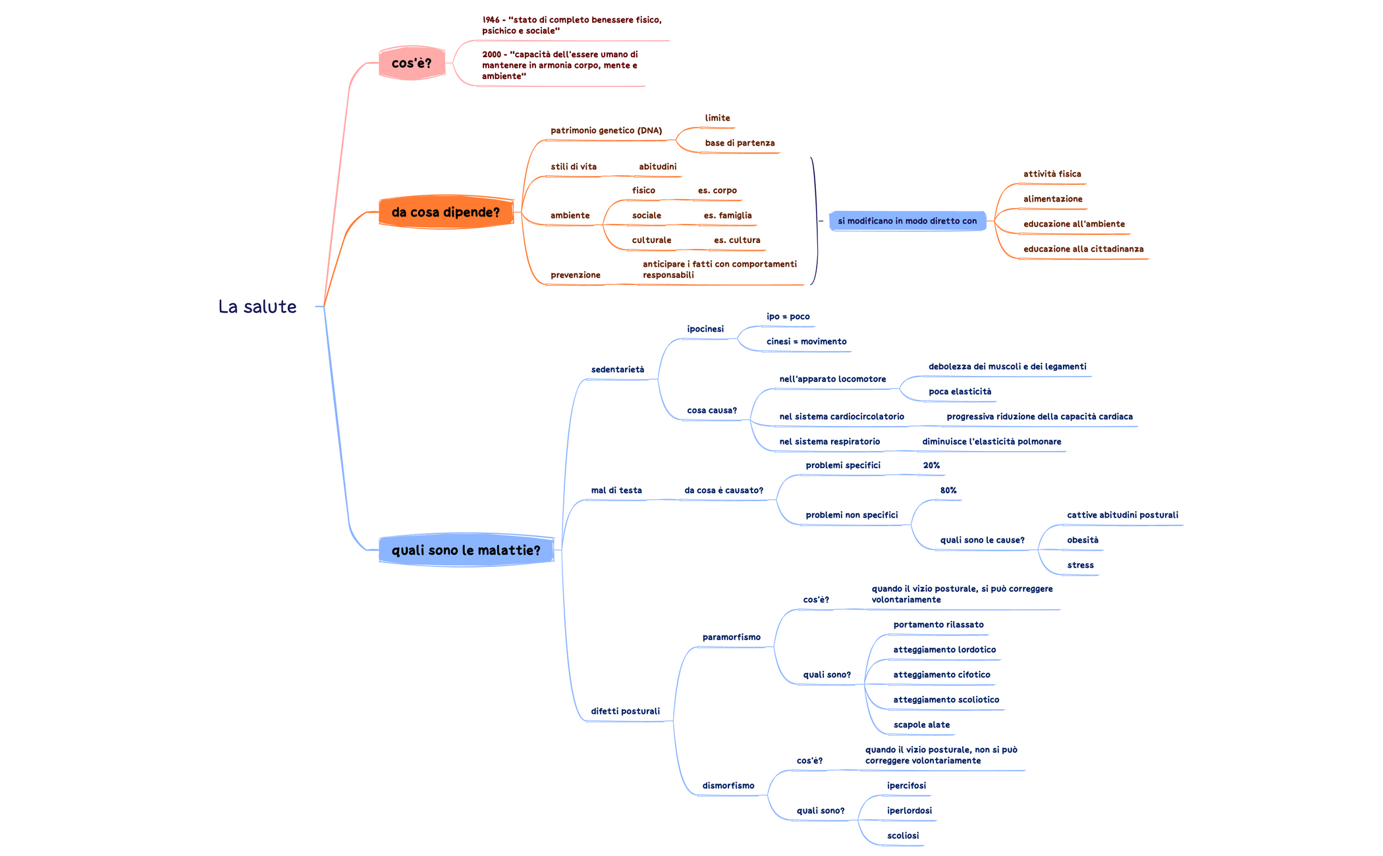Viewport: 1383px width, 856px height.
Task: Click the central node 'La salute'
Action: coord(258,307)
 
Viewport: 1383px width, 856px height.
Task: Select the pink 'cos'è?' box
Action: coord(412,63)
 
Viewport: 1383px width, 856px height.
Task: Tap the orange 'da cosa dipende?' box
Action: coord(446,212)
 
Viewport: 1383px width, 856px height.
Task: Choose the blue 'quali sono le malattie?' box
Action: coord(466,550)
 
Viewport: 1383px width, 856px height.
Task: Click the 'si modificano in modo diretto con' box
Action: coord(907,221)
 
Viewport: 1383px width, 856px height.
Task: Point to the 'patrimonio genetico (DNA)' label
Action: coord(606,130)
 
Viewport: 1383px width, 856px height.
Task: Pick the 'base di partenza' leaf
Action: coord(740,143)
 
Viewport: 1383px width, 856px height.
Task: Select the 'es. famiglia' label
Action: coord(727,215)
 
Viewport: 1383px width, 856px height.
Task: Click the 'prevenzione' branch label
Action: coord(575,275)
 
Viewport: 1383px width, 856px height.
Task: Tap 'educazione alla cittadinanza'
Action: coord(1083,249)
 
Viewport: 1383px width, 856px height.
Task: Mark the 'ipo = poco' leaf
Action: coord(788,317)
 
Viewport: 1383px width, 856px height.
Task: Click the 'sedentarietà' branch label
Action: coord(617,369)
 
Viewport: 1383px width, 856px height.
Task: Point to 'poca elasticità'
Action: coord(960,392)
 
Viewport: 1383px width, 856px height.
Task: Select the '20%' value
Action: coord(931,466)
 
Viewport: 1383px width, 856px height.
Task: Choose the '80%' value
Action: coord(948,491)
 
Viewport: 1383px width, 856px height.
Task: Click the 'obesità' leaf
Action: coord(1083,540)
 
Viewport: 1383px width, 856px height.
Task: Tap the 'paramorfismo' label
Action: coord(731,637)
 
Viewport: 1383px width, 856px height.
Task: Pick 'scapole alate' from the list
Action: coord(921,725)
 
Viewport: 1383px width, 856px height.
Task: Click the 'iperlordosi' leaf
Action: coord(909,811)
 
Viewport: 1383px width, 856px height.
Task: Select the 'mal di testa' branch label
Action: coord(616,491)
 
